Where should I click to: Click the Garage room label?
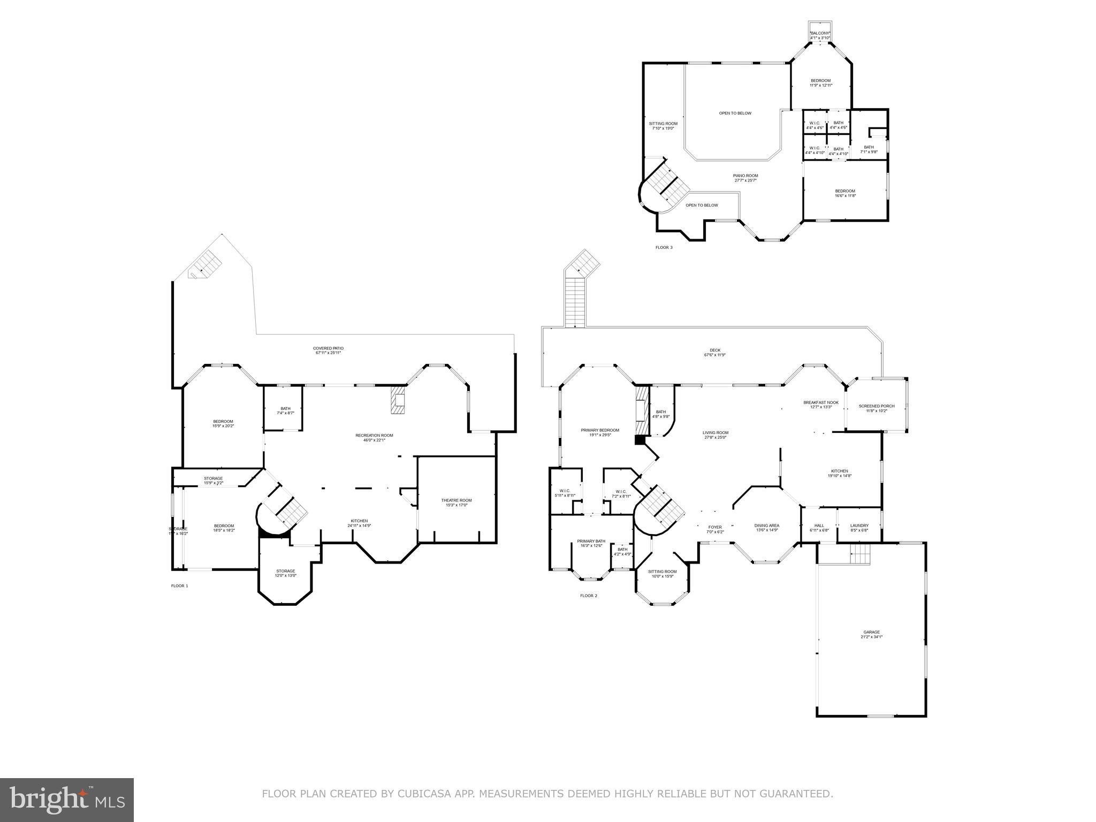pyautogui.click(x=871, y=634)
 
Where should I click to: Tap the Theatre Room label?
pyautogui.click(x=456, y=503)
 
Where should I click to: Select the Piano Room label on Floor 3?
pyautogui.click(x=745, y=178)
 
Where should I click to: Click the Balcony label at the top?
pyautogui.click(x=819, y=35)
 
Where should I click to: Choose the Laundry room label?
pyautogui.click(x=859, y=528)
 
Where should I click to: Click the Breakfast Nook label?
pyautogui.click(x=820, y=405)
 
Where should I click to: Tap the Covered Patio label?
pyautogui.click(x=328, y=351)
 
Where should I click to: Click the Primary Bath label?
pyautogui.click(x=591, y=543)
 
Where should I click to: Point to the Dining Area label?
pyautogui.click(x=767, y=528)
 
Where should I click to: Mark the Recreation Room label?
pyautogui.click(x=374, y=438)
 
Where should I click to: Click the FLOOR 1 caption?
pyautogui.click(x=179, y=586)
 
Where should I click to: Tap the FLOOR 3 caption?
pyautogui.click(x=664, y=247)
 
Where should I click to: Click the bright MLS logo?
pyautogui.click(x=67, y=800)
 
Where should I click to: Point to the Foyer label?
pyautogui.click(x=715, y=529)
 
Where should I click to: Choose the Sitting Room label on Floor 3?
pyautogui.click(x=664, y=126)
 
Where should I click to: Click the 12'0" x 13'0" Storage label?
pyautogui.click(x=285, y=573)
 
